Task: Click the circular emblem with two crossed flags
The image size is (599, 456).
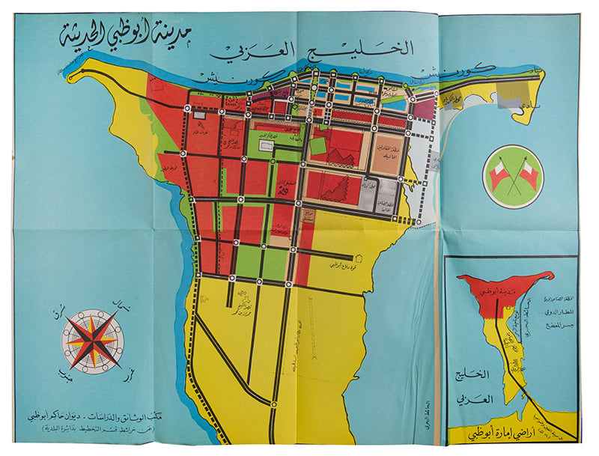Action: point(513,177)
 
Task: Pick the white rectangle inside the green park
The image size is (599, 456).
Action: point(266,147)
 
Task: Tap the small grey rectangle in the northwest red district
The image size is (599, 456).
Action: point(199,115)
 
